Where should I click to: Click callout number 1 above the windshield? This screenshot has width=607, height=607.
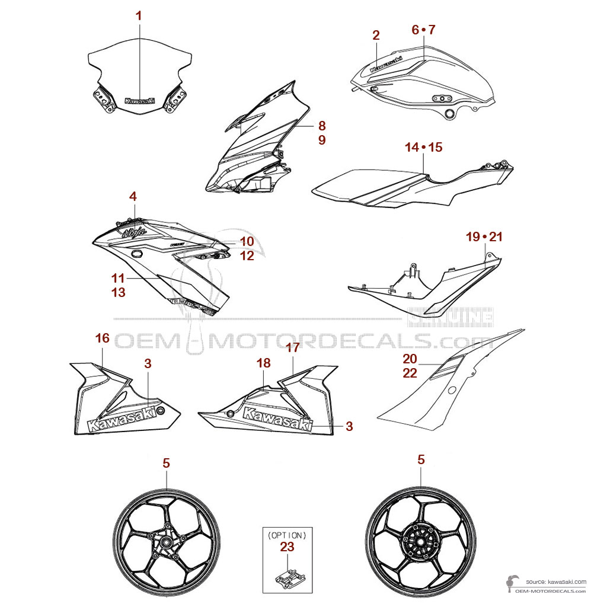pos(139,16)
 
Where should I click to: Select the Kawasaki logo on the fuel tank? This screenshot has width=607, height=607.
pos(386,64)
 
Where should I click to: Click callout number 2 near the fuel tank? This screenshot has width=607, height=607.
pos(376,36)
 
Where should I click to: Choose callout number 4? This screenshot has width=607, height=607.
pos(134,196)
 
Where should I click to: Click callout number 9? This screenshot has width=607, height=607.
pos(322,140)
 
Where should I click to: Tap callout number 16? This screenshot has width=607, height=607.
pos(102,338)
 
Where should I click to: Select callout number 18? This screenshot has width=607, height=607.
pos(263,362)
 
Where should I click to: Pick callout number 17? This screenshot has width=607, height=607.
pos(293,348)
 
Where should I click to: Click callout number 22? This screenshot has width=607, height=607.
pos(410,373)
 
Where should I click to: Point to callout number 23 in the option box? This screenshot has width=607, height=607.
pos(286,547)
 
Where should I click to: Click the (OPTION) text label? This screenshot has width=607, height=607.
pos(287,534)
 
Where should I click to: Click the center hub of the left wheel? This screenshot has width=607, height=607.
pos(166,541)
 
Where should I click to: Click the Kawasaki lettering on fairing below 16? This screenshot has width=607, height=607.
pos(124,418)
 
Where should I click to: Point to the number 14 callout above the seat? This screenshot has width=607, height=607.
pos(412,147)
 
